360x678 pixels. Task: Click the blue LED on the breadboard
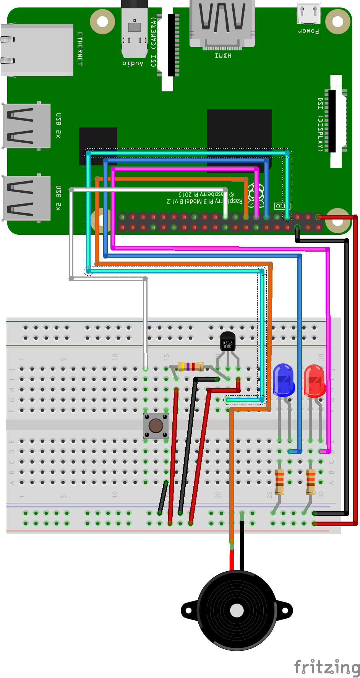[x=283, y=380]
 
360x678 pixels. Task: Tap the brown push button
[x=156, y=426]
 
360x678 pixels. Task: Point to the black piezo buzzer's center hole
[x=237, y=610]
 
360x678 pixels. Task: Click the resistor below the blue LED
[x=280, y=482]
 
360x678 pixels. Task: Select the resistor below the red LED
[x=311, y=482]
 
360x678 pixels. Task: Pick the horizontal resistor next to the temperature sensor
[x=190, y=367]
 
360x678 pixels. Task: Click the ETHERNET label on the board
[x=80, y=49]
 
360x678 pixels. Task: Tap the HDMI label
[x=223, y=56]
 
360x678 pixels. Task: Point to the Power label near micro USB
[x=308, y=31]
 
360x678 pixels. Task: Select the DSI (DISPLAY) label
[x=320, y=124]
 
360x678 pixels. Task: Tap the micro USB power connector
[x=309, y=13]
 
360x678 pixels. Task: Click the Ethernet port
[x=37, y=50]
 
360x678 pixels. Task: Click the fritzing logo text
[x=327, y=667]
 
